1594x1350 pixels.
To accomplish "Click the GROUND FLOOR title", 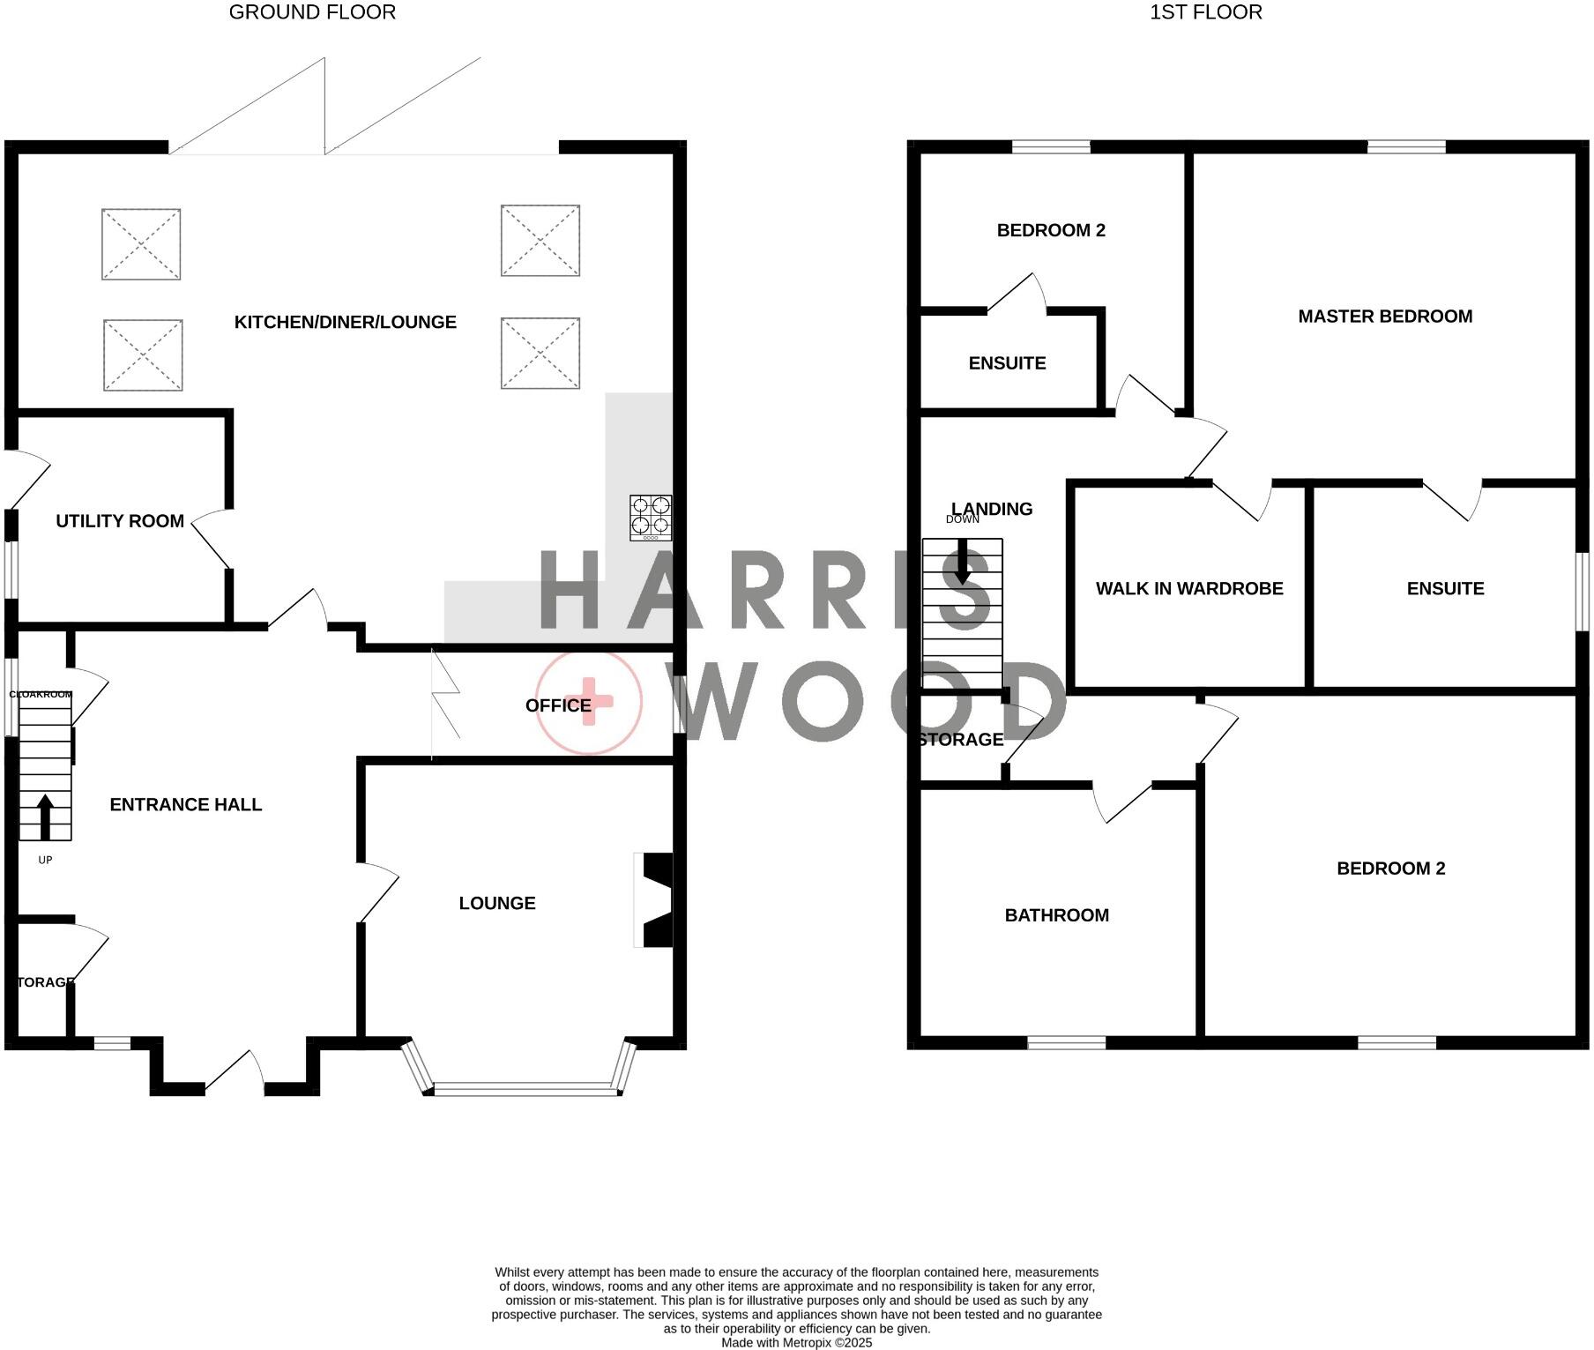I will click(312, 12).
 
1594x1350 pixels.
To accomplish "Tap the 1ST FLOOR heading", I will click(1205, 12).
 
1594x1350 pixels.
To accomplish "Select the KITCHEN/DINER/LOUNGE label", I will click(345, 323).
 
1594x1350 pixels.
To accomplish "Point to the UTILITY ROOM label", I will click(120, 521).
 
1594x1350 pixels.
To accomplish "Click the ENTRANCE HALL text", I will click(185, 804).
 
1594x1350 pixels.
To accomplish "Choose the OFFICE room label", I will click(557, 705).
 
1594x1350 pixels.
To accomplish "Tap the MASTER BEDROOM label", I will click(1384, 317).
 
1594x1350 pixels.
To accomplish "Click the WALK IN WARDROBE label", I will click(1188, 589).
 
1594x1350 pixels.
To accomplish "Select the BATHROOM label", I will click(1056, 915).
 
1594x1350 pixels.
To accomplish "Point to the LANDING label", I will click(992, 509).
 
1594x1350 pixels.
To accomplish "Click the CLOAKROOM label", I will click(41, 695).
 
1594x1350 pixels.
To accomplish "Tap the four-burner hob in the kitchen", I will click(651, 518).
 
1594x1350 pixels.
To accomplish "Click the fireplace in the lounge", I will click(654, 899).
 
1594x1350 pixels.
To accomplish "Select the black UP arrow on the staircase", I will click(44, 816).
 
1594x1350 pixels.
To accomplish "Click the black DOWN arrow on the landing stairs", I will click(962, 563).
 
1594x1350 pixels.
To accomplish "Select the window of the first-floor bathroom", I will click(1066, 1043).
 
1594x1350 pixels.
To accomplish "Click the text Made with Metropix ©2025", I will click(796, 1343).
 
